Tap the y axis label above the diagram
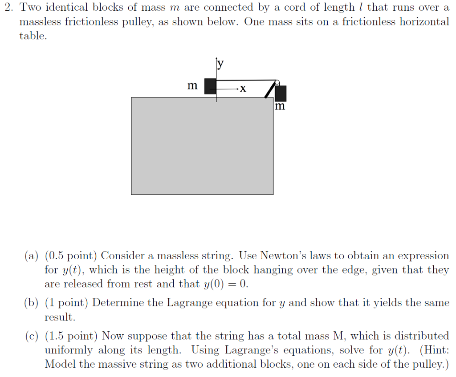pos(220,64)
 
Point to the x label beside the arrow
pos(242,89)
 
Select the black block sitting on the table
pos(210,86)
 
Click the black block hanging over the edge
pos(281,93)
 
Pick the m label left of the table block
pos(192,85)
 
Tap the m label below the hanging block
pos(279,107)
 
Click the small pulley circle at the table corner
pos(277,82)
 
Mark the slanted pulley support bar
pos(269,91)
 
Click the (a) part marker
pos(32,256)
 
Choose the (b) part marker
pos(32,303)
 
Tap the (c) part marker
pos(32,336)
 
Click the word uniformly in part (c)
pos(69,350)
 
